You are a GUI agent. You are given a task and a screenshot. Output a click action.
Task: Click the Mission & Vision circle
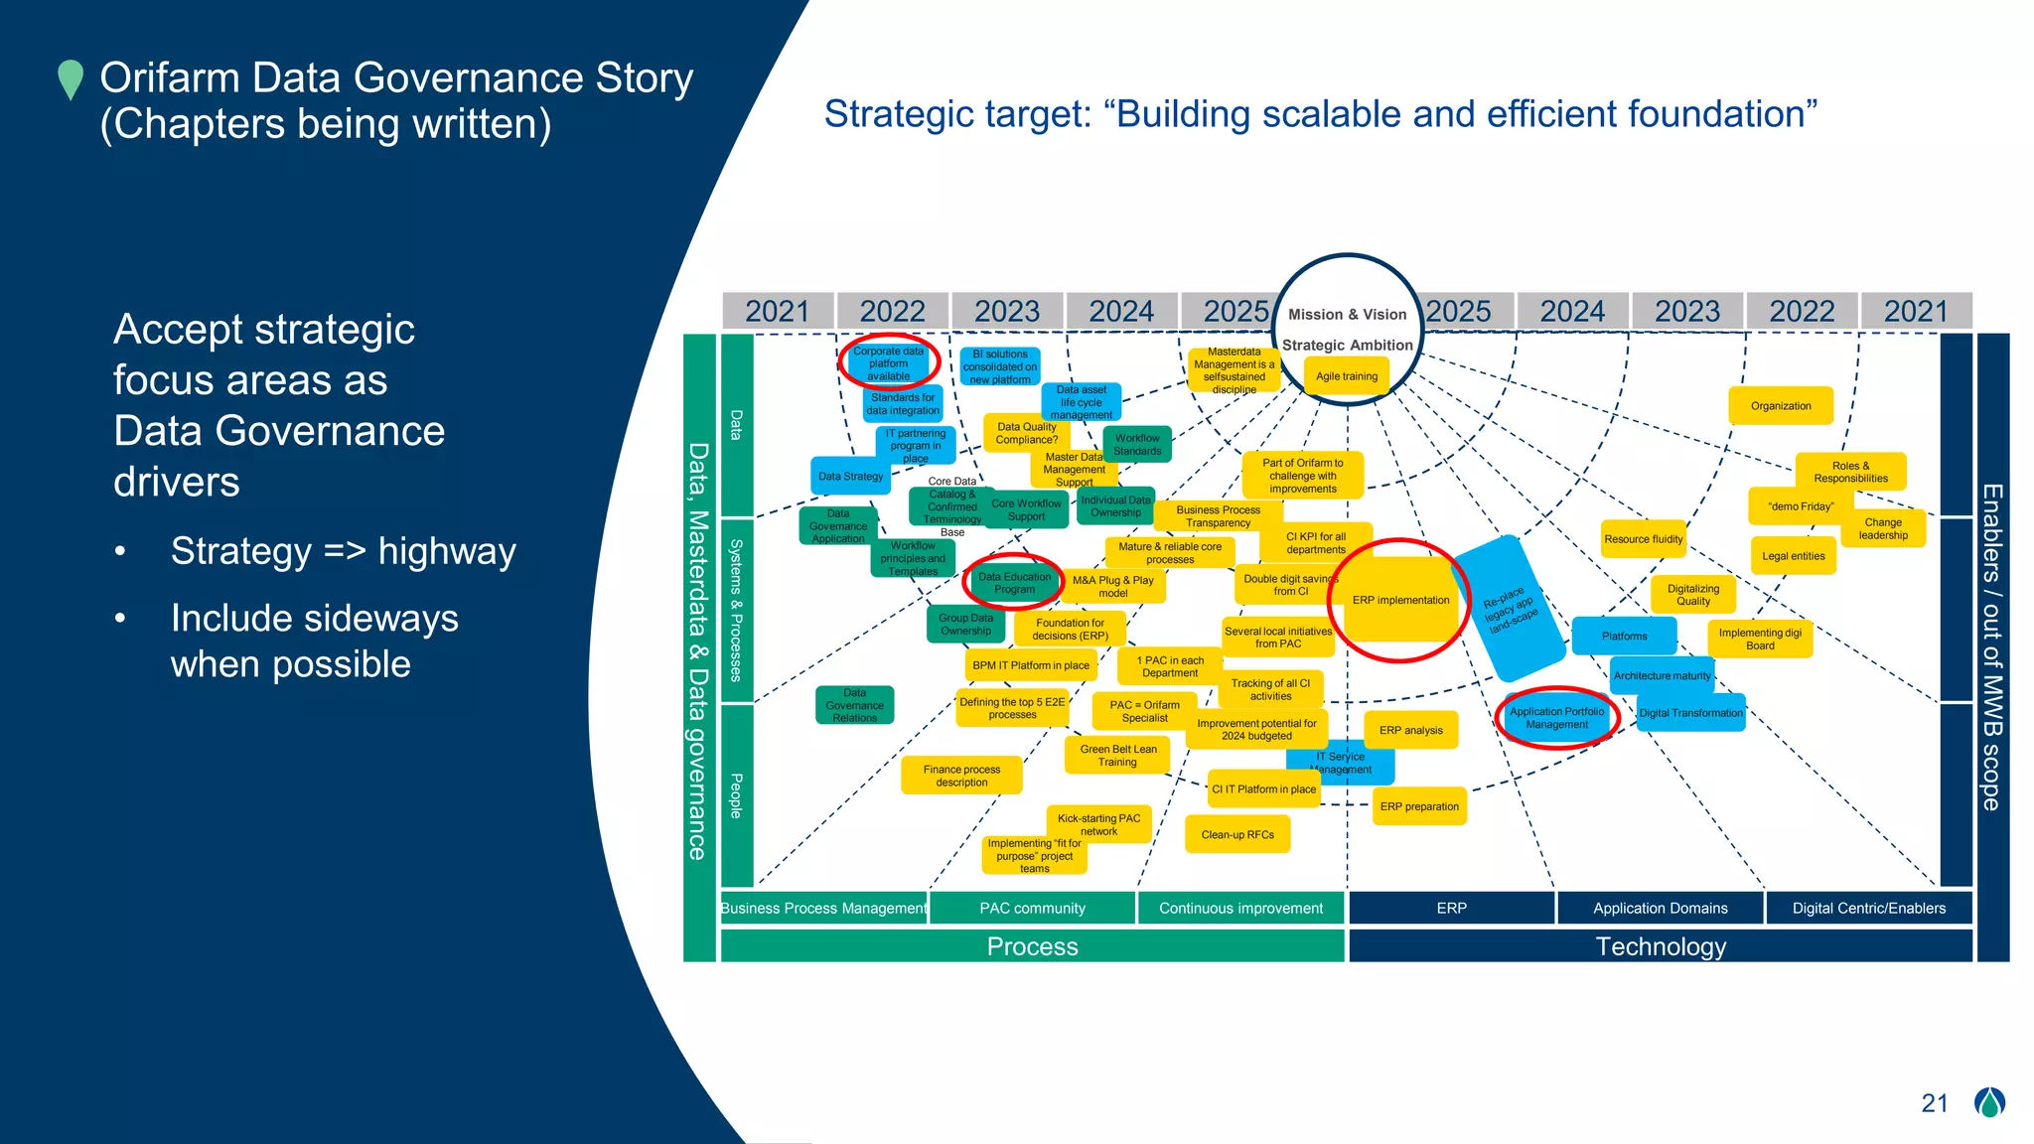point(1347,315)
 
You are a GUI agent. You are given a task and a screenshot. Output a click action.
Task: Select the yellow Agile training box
point(1347,377)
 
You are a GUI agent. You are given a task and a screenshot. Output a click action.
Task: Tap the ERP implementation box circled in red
point(1400,600)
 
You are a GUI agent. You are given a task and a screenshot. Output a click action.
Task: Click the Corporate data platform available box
point(888,363)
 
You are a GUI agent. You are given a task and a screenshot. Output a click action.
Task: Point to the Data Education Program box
point(1014,583)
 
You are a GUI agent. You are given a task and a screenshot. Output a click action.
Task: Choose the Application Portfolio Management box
point(1556,718)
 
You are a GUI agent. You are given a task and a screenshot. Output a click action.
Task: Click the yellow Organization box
point(1781,406)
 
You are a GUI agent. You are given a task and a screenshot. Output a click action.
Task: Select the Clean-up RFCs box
point(1237,834)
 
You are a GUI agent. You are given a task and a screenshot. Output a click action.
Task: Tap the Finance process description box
point(961,776)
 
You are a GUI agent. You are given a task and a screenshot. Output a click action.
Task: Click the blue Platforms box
point(1624,636)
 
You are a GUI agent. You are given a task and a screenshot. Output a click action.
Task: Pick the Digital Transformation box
point(1690,713)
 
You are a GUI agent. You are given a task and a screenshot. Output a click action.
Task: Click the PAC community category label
point(1032,908)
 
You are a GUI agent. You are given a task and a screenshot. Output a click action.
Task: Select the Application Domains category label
point(1660,908)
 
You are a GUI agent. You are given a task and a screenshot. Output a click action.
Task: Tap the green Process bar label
point(1032,946)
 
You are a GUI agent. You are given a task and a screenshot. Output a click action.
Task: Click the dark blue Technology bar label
point(1660,946)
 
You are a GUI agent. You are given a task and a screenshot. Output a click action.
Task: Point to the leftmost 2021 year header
point(778,311)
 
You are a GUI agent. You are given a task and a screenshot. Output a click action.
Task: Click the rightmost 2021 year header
point(1916,311)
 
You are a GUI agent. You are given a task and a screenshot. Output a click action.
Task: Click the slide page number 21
point(1934,1103)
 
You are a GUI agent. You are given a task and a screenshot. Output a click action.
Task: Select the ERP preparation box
point(1419,806)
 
